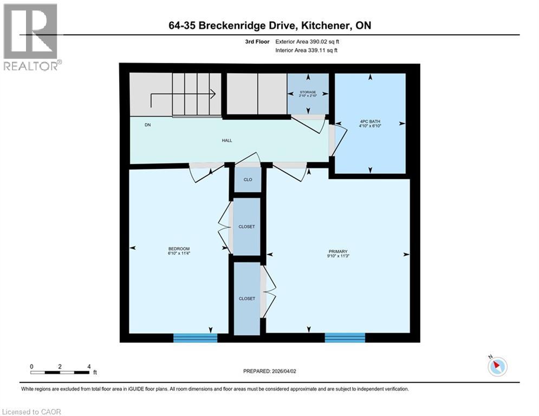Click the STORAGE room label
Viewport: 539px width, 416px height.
click(308, 93)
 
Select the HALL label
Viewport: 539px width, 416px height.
click(227, 140)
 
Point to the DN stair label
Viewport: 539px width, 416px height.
click(147, 125)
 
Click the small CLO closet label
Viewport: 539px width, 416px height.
click(248, 180)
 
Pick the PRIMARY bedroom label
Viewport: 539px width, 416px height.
click(337, 251)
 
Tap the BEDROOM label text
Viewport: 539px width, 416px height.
click(179, 249)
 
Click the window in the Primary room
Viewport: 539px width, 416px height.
click(345, 337)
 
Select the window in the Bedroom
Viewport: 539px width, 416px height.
click(195, 337)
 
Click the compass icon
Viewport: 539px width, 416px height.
click(497, 367)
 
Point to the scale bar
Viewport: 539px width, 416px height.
click(60, 372)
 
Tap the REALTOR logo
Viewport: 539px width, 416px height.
click(30, 36)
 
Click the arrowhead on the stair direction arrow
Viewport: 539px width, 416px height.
click(213, 94)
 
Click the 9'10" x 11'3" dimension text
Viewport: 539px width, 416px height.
click(337, 256)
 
